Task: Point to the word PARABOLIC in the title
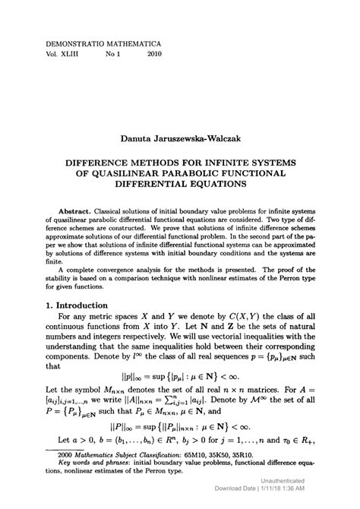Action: click(211, 174)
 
